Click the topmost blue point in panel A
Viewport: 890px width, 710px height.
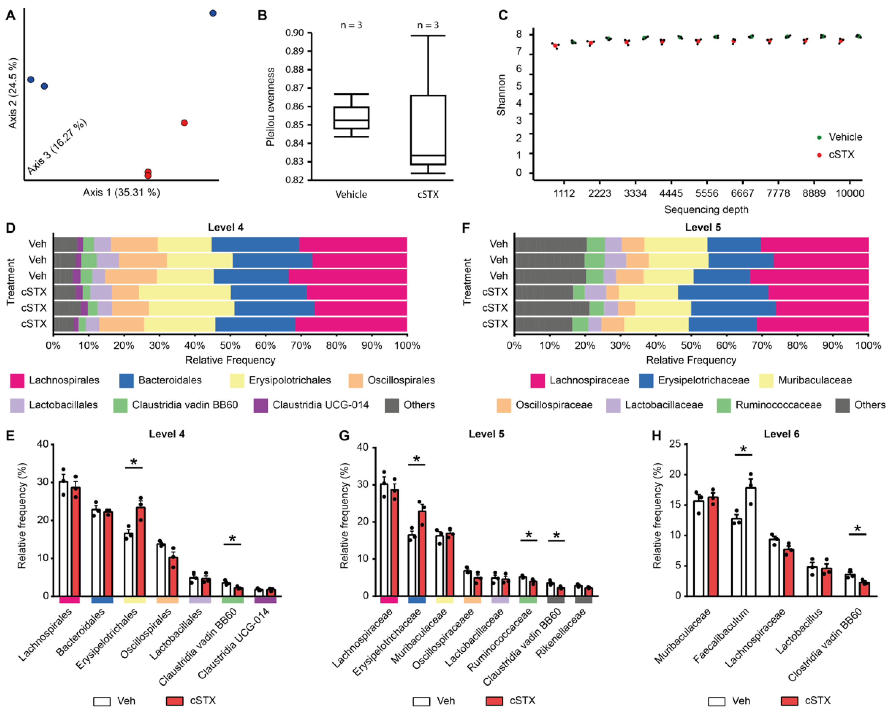click(213, 13)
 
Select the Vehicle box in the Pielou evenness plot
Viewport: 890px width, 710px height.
click(351, 118)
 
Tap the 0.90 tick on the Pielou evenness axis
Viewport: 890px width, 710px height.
click(294, 33)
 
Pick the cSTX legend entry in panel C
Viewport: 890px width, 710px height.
click(841, 155)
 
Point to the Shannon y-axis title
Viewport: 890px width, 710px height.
click(501, 95)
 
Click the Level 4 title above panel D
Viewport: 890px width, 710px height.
click(225, 227)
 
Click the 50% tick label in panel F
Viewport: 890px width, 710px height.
click(691, 345)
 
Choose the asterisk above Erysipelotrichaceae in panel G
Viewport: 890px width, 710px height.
click(416, 459)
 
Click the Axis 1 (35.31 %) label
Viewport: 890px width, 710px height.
click(121, 193)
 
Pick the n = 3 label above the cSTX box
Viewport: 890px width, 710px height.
click(428, 25)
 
